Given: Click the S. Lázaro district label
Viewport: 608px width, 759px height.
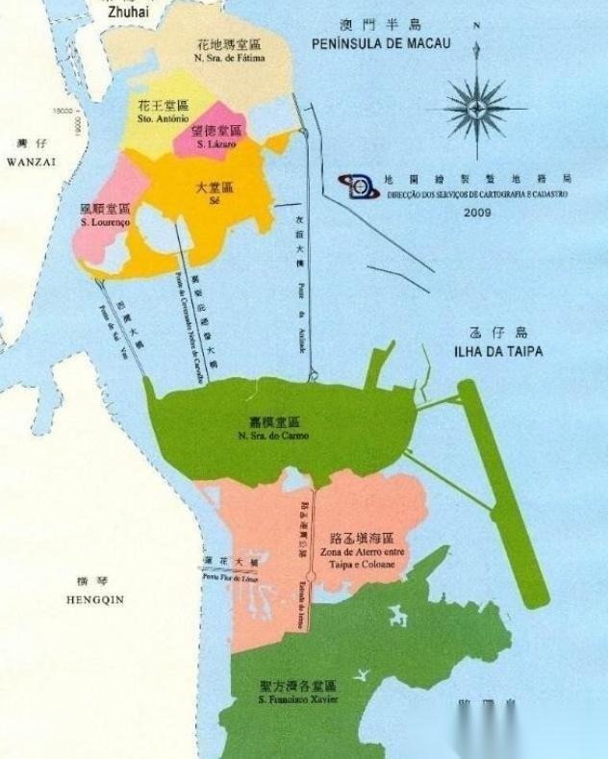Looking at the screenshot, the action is click(215, 142).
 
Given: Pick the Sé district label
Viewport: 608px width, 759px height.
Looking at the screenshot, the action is click(215, 203).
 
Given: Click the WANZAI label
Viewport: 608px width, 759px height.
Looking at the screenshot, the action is click(32, 163).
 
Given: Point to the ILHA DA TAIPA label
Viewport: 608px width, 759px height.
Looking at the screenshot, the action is click(497, 352).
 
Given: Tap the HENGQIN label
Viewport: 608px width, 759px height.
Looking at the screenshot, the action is click(96, 598).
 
